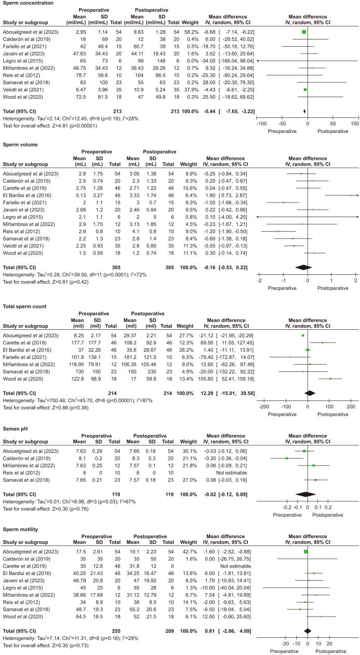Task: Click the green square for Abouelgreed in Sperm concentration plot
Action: tap(304, 32)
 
